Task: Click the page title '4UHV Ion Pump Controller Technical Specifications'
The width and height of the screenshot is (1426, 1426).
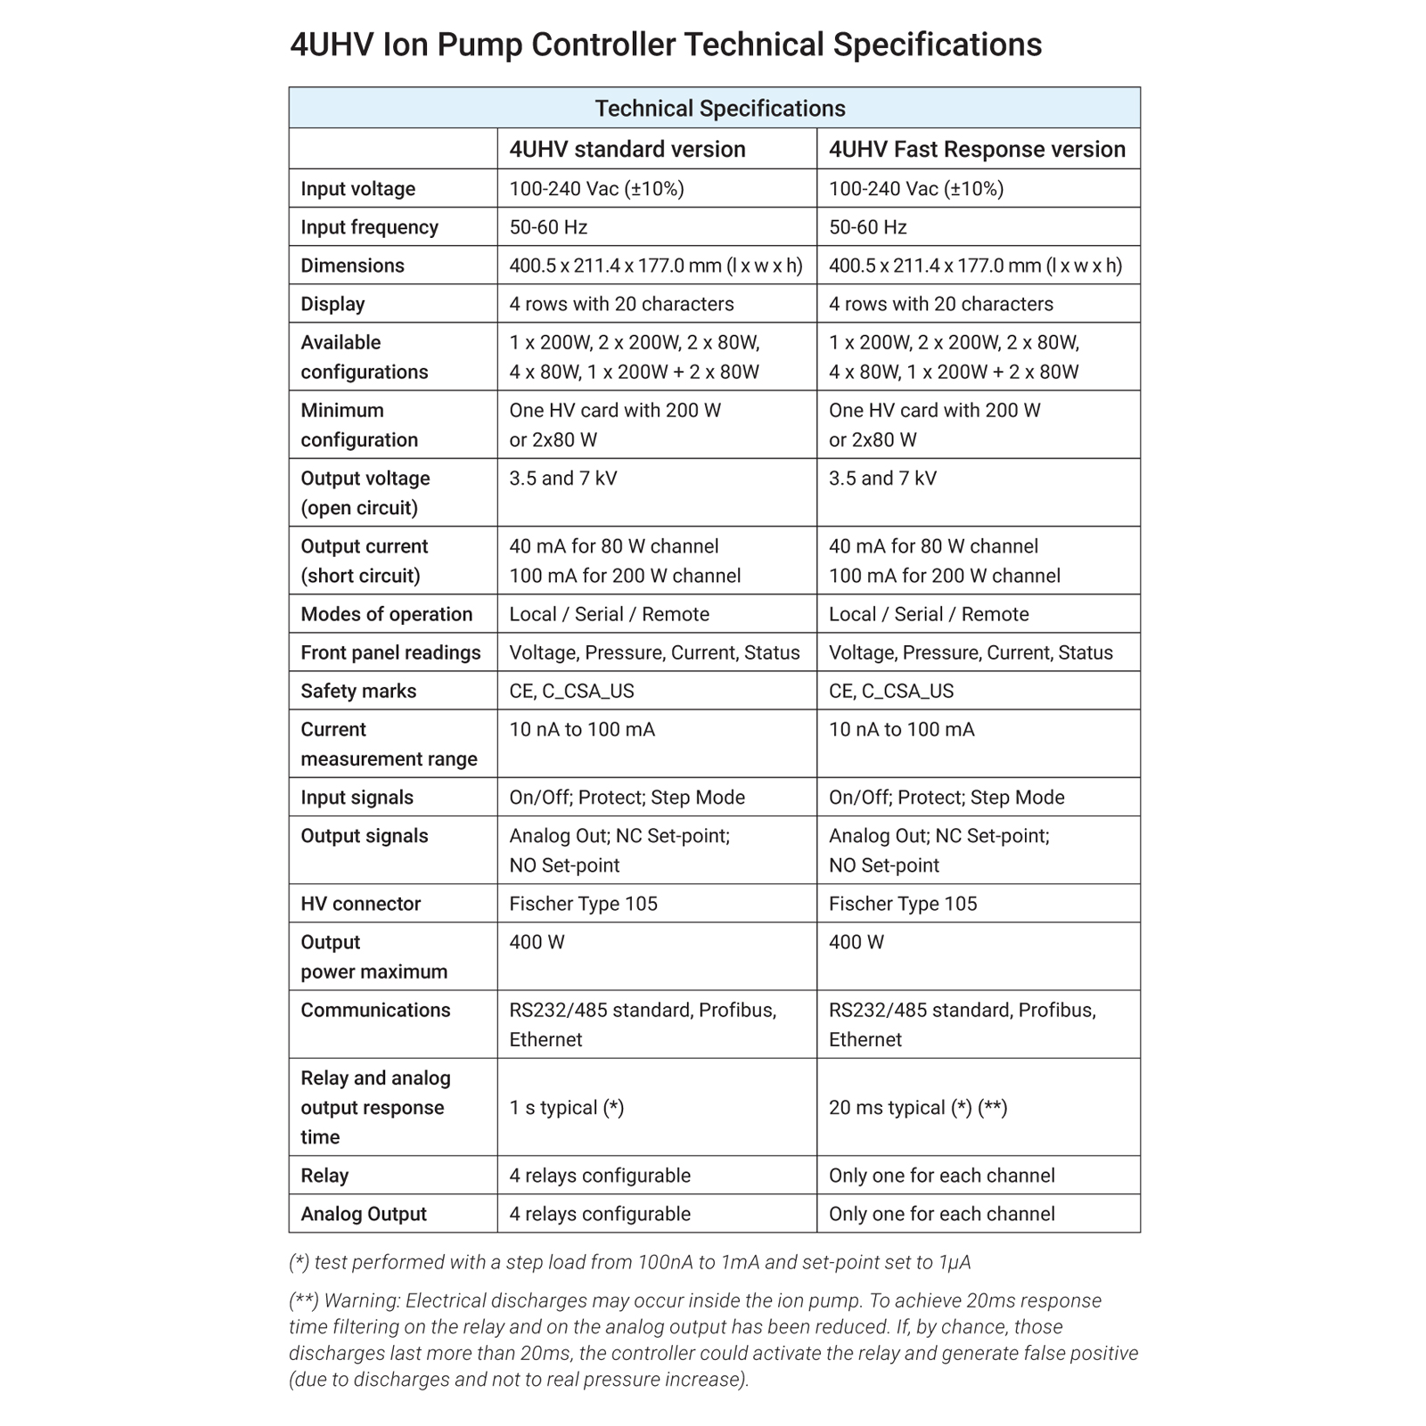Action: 666,45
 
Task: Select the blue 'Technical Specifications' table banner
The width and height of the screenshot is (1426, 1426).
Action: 719,109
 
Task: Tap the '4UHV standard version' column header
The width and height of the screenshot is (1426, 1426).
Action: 627,149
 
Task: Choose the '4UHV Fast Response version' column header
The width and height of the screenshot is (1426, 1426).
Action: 977,149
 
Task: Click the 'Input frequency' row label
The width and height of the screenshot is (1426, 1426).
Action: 369,227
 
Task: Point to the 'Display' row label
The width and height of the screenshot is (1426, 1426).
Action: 332,304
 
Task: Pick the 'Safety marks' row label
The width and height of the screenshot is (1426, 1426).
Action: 358,691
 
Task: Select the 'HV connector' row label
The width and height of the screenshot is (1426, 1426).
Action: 360,904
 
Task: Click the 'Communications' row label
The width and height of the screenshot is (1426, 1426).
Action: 375,1010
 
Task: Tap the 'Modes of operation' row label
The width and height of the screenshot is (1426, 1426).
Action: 386,614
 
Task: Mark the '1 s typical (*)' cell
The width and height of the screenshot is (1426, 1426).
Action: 566,1108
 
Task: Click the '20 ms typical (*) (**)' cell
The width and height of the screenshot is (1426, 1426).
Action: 917,1108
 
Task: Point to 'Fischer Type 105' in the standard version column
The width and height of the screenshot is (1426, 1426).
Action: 583,904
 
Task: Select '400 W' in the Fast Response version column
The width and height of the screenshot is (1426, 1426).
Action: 856,942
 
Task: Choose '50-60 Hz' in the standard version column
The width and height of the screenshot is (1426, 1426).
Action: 547,227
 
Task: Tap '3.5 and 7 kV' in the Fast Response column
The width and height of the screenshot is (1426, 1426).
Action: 882,479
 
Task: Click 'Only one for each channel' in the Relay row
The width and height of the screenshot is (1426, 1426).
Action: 941,1176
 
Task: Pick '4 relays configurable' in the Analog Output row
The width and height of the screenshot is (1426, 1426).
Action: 599,1214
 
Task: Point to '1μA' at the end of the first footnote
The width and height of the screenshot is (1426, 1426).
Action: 954,1262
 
